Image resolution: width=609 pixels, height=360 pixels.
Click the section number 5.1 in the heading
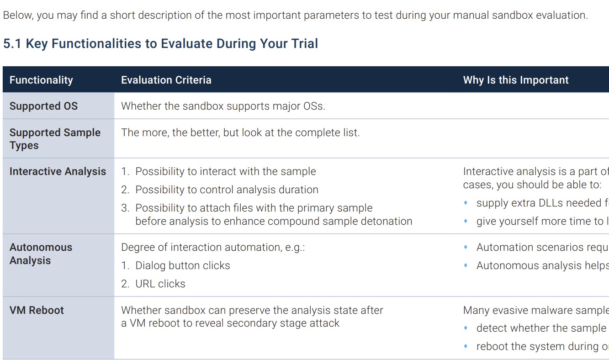click(x=12, y=43)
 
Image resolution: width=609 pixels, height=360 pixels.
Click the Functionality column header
click(x=41, y=80)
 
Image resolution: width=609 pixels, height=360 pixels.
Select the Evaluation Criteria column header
click(x=166, y=80)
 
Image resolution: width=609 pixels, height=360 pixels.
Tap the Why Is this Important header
click(x=516, y=80)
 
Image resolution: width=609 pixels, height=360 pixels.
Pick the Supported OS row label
click(x=43, y=106)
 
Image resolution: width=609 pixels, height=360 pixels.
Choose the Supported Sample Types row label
click(x=55, y=139)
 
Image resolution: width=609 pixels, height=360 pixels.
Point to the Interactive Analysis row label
click(x=58, y=171)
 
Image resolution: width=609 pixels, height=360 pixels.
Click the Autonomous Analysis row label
click(x=41, y=254)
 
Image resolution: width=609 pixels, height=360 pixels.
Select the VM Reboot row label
click(x=37, y=310)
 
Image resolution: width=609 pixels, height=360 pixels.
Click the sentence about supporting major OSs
click(x=223, y=106)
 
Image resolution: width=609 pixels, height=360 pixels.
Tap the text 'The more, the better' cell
click(x=240, y=132)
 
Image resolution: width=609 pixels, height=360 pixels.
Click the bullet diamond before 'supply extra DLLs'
click(x=466, y=202)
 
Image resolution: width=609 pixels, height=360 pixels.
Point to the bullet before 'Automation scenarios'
click(x=466, y=247)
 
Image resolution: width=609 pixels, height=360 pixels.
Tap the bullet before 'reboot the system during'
click(x=466, y=346)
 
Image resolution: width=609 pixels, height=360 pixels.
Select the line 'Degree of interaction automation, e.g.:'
click(x=213, y=247)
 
